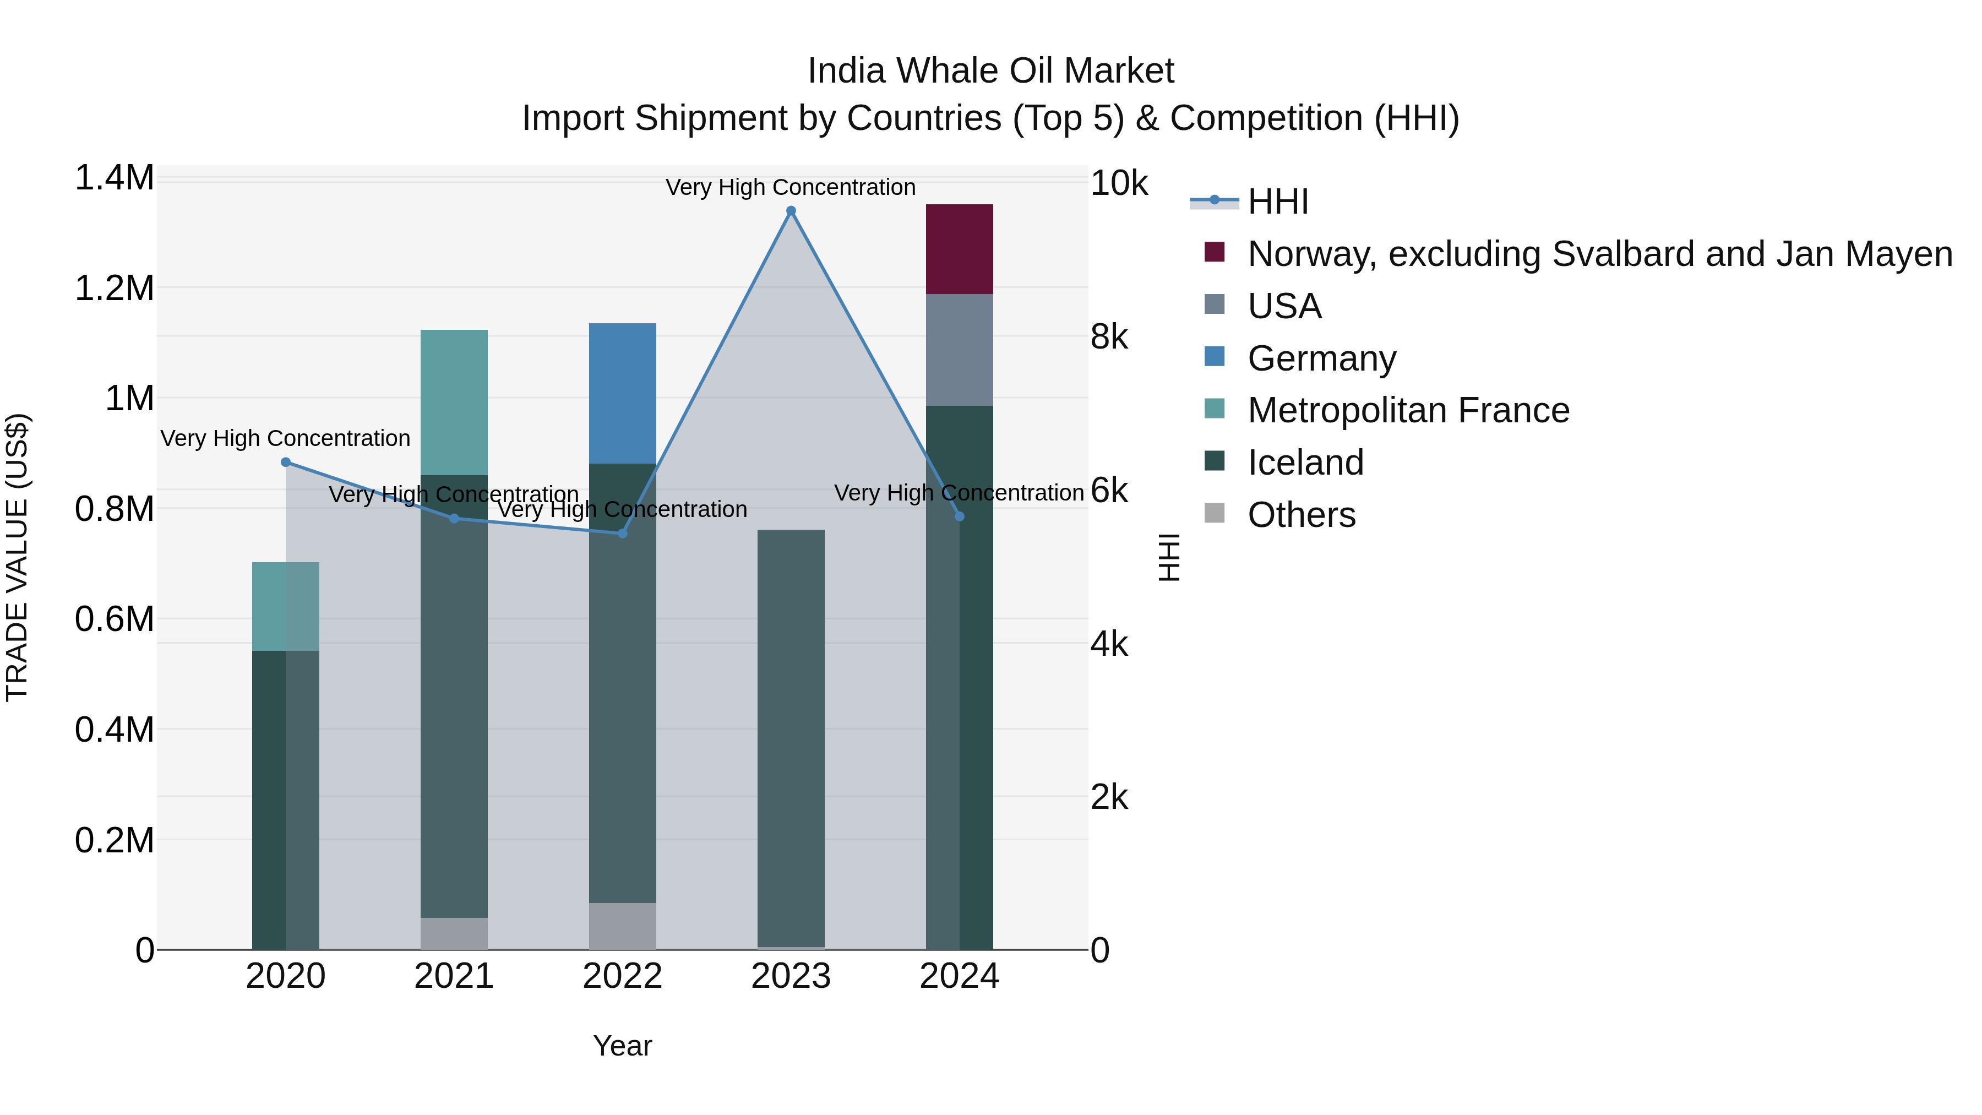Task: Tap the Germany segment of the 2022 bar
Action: point(623,393)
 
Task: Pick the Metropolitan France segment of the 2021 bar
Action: point(454,402)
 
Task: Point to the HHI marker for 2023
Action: point(791,211)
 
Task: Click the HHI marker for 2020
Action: point(285,463)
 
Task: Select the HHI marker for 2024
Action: point(960,516)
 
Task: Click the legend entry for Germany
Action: point(1321,358)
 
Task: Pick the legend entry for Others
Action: point(1301,515)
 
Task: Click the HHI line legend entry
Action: point(1277,202)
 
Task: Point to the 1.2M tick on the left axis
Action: point(114,289)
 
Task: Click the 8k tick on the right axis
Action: point(1109,337)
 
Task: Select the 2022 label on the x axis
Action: point(623,976)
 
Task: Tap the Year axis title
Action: point(623,1046)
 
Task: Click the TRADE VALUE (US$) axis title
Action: point(17,557)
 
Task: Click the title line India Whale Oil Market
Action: point(990,71)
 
